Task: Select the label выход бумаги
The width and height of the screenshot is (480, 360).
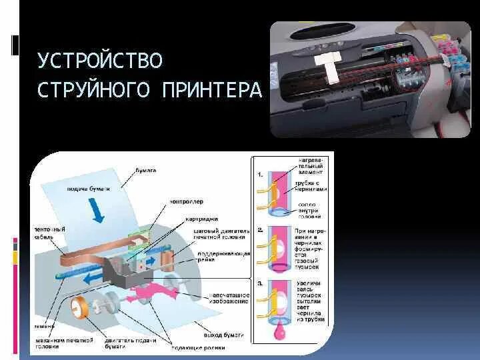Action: point(222,334)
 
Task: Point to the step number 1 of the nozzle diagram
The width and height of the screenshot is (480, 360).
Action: point(261,175)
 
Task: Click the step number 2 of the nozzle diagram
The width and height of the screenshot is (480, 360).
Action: point(261,229)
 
